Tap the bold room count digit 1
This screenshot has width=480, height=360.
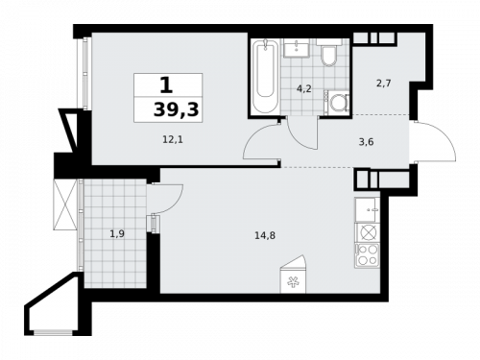click(x=179, y=84)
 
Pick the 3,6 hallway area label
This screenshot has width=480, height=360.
click(x=365, y=140)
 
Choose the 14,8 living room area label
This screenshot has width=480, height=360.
click(x=260, y=228)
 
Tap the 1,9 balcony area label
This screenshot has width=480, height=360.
click(x=116, y=231)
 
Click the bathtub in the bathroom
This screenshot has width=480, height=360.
click(x=263, y=74)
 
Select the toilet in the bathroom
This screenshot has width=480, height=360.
click(x=327, y=55)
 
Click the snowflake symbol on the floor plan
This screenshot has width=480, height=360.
click(x=293, y=282)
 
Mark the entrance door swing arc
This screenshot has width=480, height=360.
click(x=427, y=144)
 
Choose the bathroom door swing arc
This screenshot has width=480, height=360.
click(x=300, y=132)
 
